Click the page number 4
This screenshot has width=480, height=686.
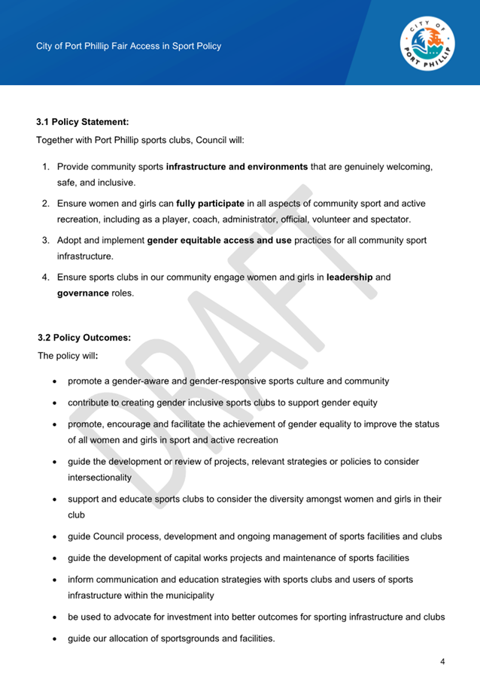coord(443,662)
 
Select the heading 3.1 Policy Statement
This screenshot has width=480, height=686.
coord(83,120)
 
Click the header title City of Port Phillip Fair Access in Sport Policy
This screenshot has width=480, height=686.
coord(129,46)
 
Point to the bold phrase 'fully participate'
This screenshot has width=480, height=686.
coord(210,203)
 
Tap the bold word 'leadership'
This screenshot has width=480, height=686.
coord(349,278)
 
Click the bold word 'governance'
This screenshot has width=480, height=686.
coord(83,293)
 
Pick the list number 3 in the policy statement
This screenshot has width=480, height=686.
coord(45,241)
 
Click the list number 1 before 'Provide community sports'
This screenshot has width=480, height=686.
coord(45,166)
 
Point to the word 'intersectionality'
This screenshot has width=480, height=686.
coord(99,477)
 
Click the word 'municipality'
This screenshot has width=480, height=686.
coord(188,595)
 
